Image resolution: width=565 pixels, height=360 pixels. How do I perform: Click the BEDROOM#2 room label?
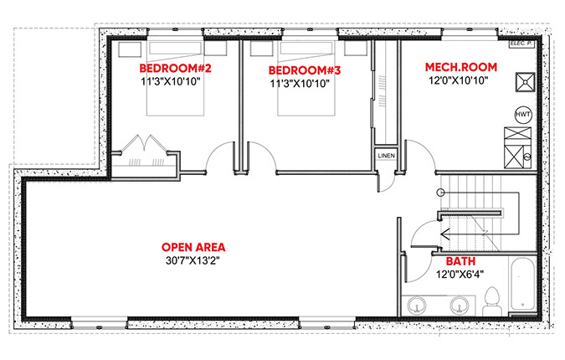(175, 68)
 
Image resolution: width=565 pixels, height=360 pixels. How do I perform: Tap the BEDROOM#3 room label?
(305, 70)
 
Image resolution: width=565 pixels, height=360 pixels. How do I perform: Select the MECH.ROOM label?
(461, 67)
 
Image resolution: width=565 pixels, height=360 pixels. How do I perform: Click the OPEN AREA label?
(193, 247)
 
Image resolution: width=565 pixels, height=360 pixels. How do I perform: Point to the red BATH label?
(460, 261)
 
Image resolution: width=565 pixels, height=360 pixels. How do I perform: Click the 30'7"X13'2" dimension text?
(193, 260)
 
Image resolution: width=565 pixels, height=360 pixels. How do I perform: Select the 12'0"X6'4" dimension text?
(460, 275)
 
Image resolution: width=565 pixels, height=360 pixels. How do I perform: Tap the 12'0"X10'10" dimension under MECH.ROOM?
(459, 80)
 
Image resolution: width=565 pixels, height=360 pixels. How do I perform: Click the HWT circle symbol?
(523, 115)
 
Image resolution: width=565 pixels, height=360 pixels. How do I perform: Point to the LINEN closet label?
(386, 156)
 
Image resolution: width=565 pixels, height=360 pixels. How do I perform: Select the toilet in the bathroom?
(492, 301)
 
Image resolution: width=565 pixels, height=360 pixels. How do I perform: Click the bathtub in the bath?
(522, 283)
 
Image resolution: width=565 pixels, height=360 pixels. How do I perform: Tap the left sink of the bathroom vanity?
(417, 305)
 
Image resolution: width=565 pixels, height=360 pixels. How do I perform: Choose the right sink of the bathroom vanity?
(460, 305)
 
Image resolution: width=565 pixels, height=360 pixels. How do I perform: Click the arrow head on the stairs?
(444, 234)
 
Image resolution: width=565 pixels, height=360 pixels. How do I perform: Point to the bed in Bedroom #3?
(306, 79)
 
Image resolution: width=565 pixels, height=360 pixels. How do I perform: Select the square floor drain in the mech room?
(525, 82)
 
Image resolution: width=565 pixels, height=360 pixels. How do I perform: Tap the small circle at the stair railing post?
(440, 193)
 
